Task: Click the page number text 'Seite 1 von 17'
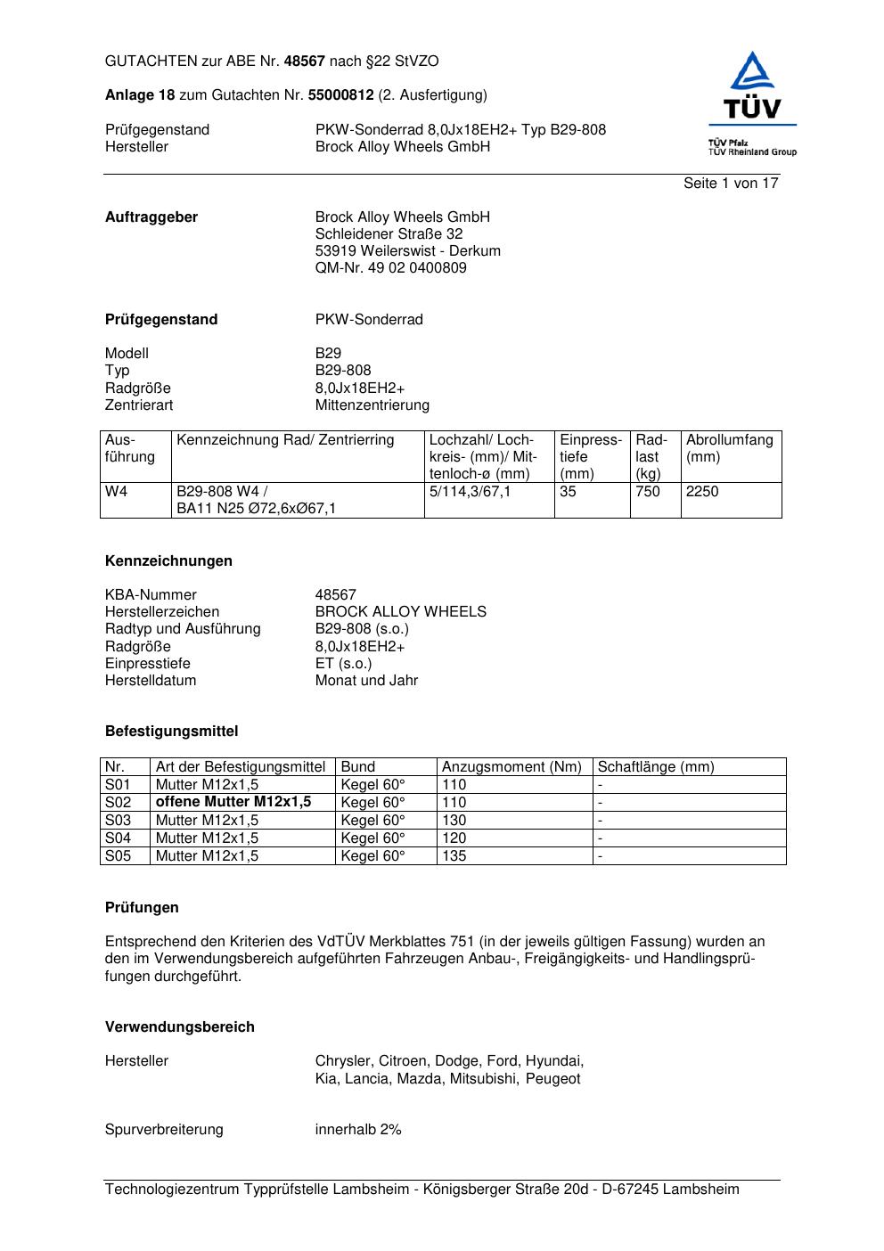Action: click(x=730, y=184)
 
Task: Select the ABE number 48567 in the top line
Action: click(x=305, y=61)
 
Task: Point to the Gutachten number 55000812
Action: click(x=340, y=95)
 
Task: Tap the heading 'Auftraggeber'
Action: click(x=151, y=217)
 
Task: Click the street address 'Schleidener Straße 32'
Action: click(x=389, y=234)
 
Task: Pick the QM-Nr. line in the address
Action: click(x=390, y=268)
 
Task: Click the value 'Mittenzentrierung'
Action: click(x=372, y=405)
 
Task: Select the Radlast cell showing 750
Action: click(x=648, y=492)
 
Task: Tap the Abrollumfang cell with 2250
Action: click(x=702, y=492)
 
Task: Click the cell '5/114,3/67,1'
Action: click(x=470, y=492)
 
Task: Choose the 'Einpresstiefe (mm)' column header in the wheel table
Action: click(x=590, y=456)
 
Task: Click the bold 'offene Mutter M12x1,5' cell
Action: click(x=233, y=802)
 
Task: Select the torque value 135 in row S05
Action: click(x=454, y=856)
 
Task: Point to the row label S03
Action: click(x=118, y=821)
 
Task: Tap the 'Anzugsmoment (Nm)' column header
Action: click(x=512, y=767)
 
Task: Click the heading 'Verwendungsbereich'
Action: click(x=180, y=1027)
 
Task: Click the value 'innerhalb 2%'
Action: click(x=358, y=1130)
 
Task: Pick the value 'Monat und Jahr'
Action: click(x=366, y=681)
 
